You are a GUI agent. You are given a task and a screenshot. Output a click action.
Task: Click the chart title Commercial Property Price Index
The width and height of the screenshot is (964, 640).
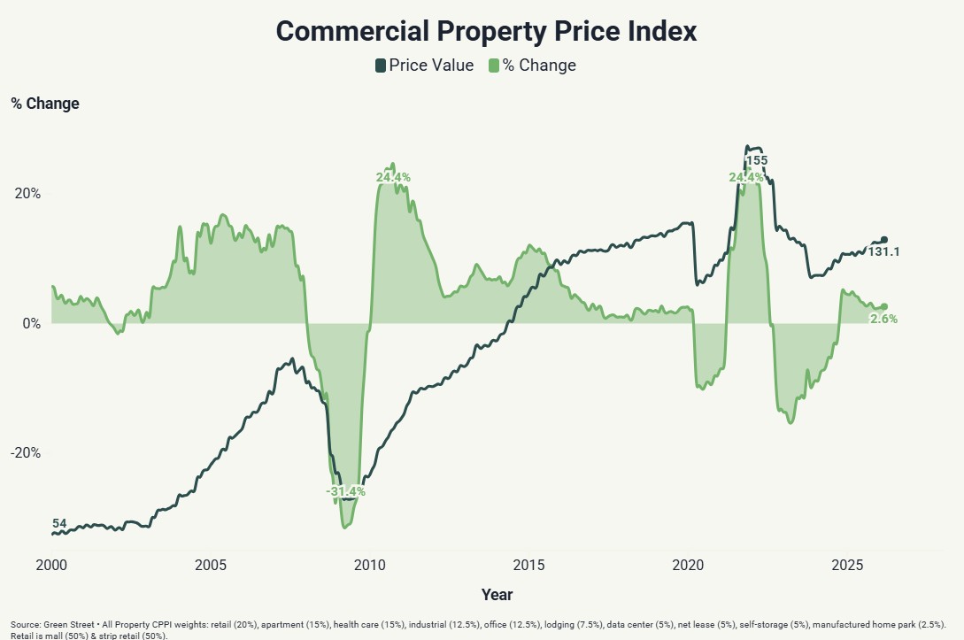click(x=486, y=31)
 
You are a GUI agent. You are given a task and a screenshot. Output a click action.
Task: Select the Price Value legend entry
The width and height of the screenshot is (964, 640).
click(x=424, y=66)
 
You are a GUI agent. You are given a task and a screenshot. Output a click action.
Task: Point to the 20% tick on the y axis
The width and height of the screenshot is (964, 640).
click(x=27, y=194)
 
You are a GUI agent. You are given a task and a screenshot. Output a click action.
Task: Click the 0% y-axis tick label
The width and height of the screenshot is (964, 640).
click(x=32, y=324)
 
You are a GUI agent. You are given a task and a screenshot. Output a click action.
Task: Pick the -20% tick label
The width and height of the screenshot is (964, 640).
click(x=26, y=453)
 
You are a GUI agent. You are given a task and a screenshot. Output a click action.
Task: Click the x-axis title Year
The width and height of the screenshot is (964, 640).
click(x=497, y=595)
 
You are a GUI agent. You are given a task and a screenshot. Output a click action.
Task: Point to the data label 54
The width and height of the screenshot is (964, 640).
click(x=60, y=524)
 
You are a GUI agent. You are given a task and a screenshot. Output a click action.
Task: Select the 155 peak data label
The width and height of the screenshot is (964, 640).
click(x=757, y=161)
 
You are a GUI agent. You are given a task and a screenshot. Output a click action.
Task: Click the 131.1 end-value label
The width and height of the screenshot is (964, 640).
click(x=883, y=252)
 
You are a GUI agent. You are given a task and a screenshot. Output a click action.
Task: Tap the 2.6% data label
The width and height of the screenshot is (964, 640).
click(x=883, y=319)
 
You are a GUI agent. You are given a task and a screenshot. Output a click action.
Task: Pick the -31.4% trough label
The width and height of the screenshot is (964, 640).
click(x=345, y=491)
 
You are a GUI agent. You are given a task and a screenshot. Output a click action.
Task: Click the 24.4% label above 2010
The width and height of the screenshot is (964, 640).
click(x=393, y=178)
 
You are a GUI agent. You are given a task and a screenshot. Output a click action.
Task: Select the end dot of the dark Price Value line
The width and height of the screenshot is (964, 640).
click(x=883, y=240)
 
